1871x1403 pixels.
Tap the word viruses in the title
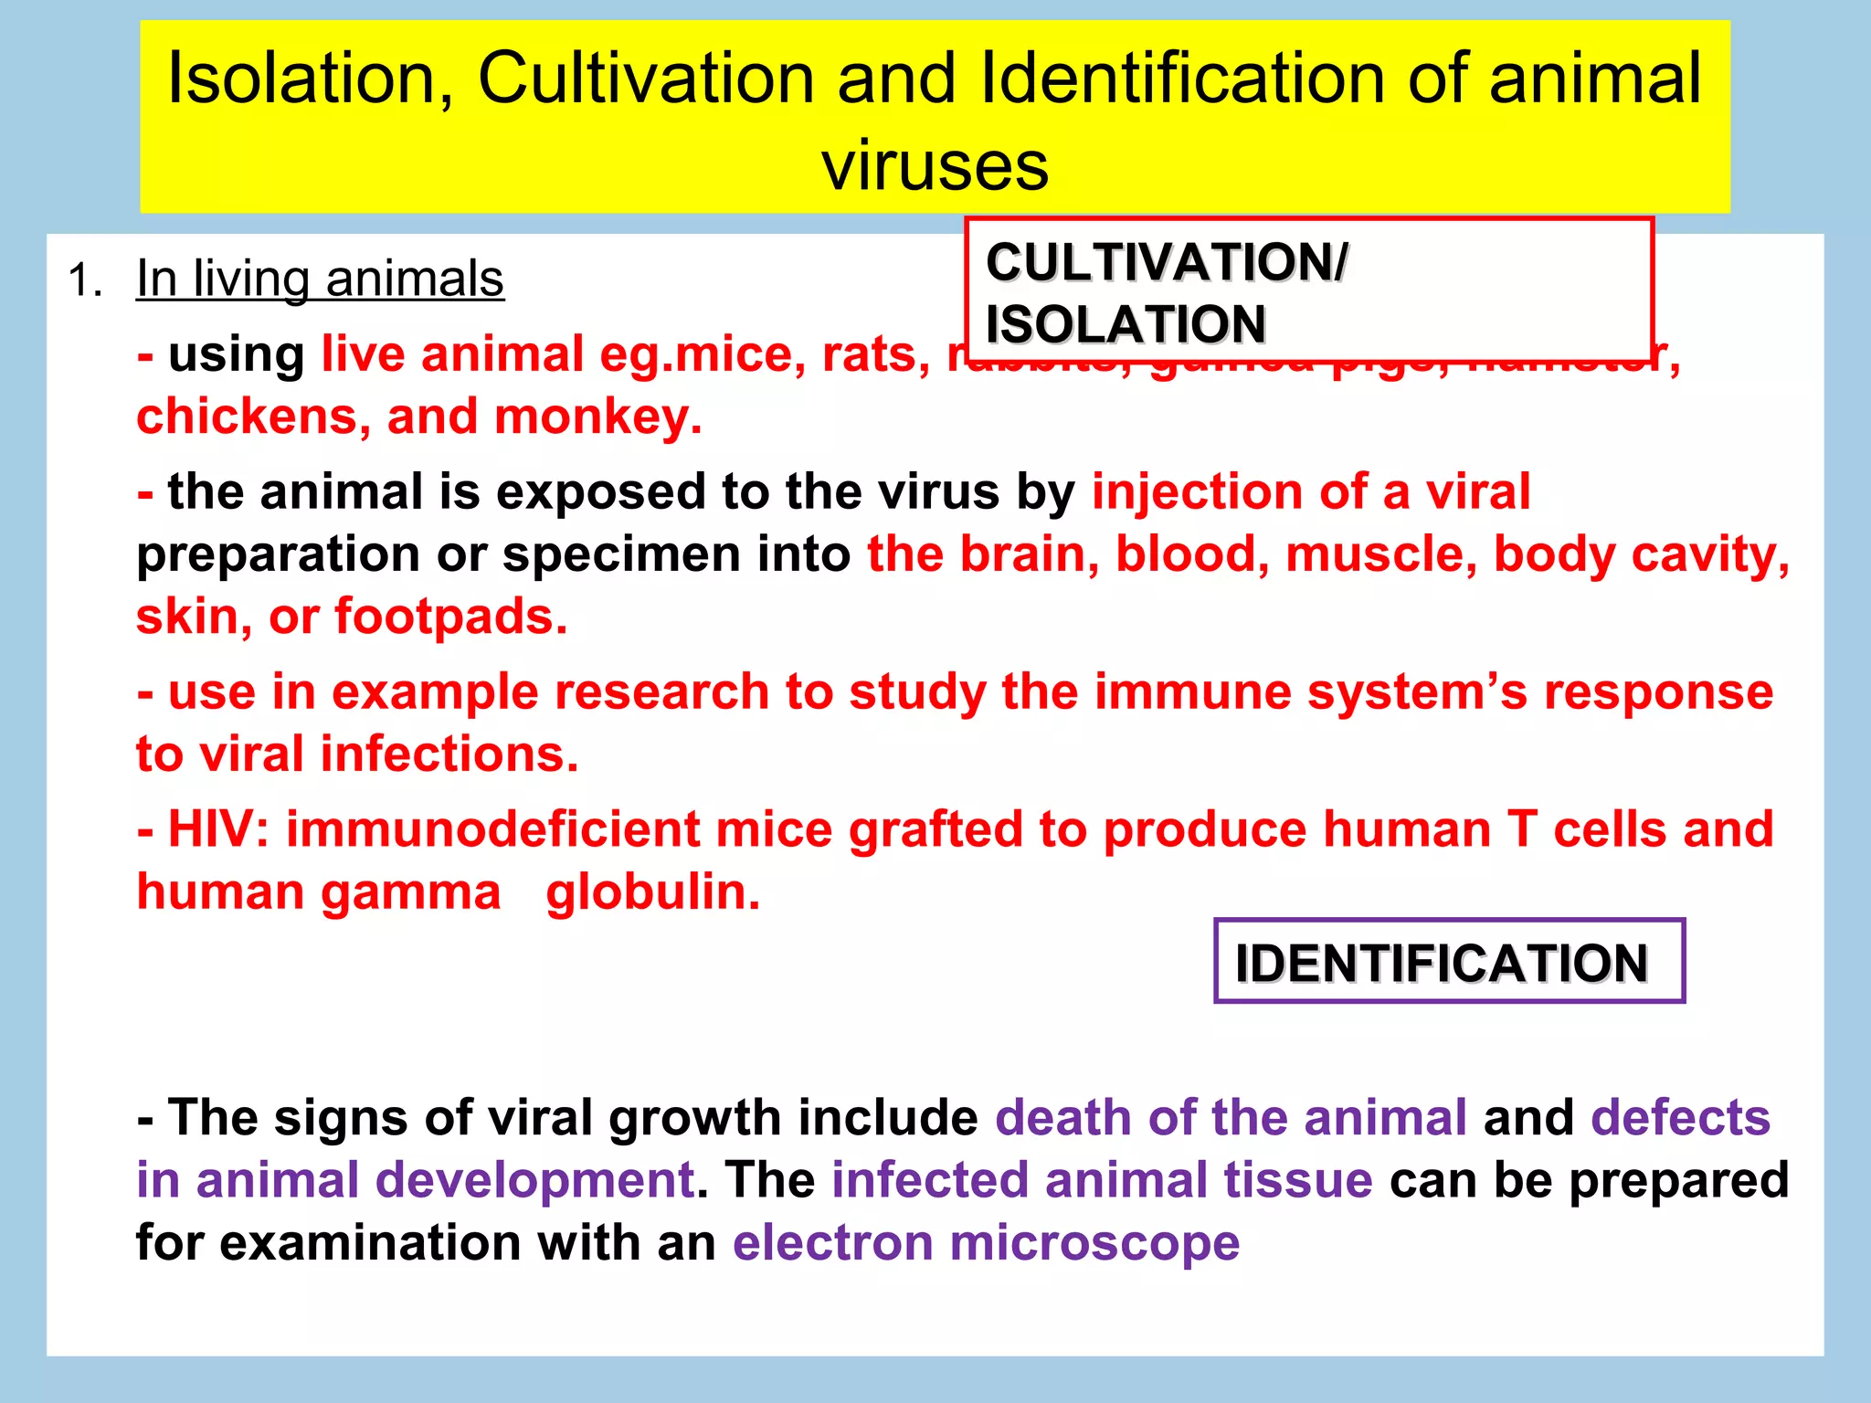[x=935, y=166]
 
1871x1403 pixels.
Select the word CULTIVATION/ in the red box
[x=1166, y=263]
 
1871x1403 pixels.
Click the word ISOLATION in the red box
[x=1126, y=324]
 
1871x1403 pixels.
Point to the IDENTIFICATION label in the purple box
[x=1442, y=963]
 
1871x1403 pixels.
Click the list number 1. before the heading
[x=85, y=280]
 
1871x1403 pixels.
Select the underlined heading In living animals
[x=320, y=279]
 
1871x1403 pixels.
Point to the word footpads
[x=450, y=617]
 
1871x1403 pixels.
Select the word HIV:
[x=218, y=829]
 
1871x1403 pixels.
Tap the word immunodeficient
[x=492, y=829]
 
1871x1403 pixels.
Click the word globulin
[x=652, y=892]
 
